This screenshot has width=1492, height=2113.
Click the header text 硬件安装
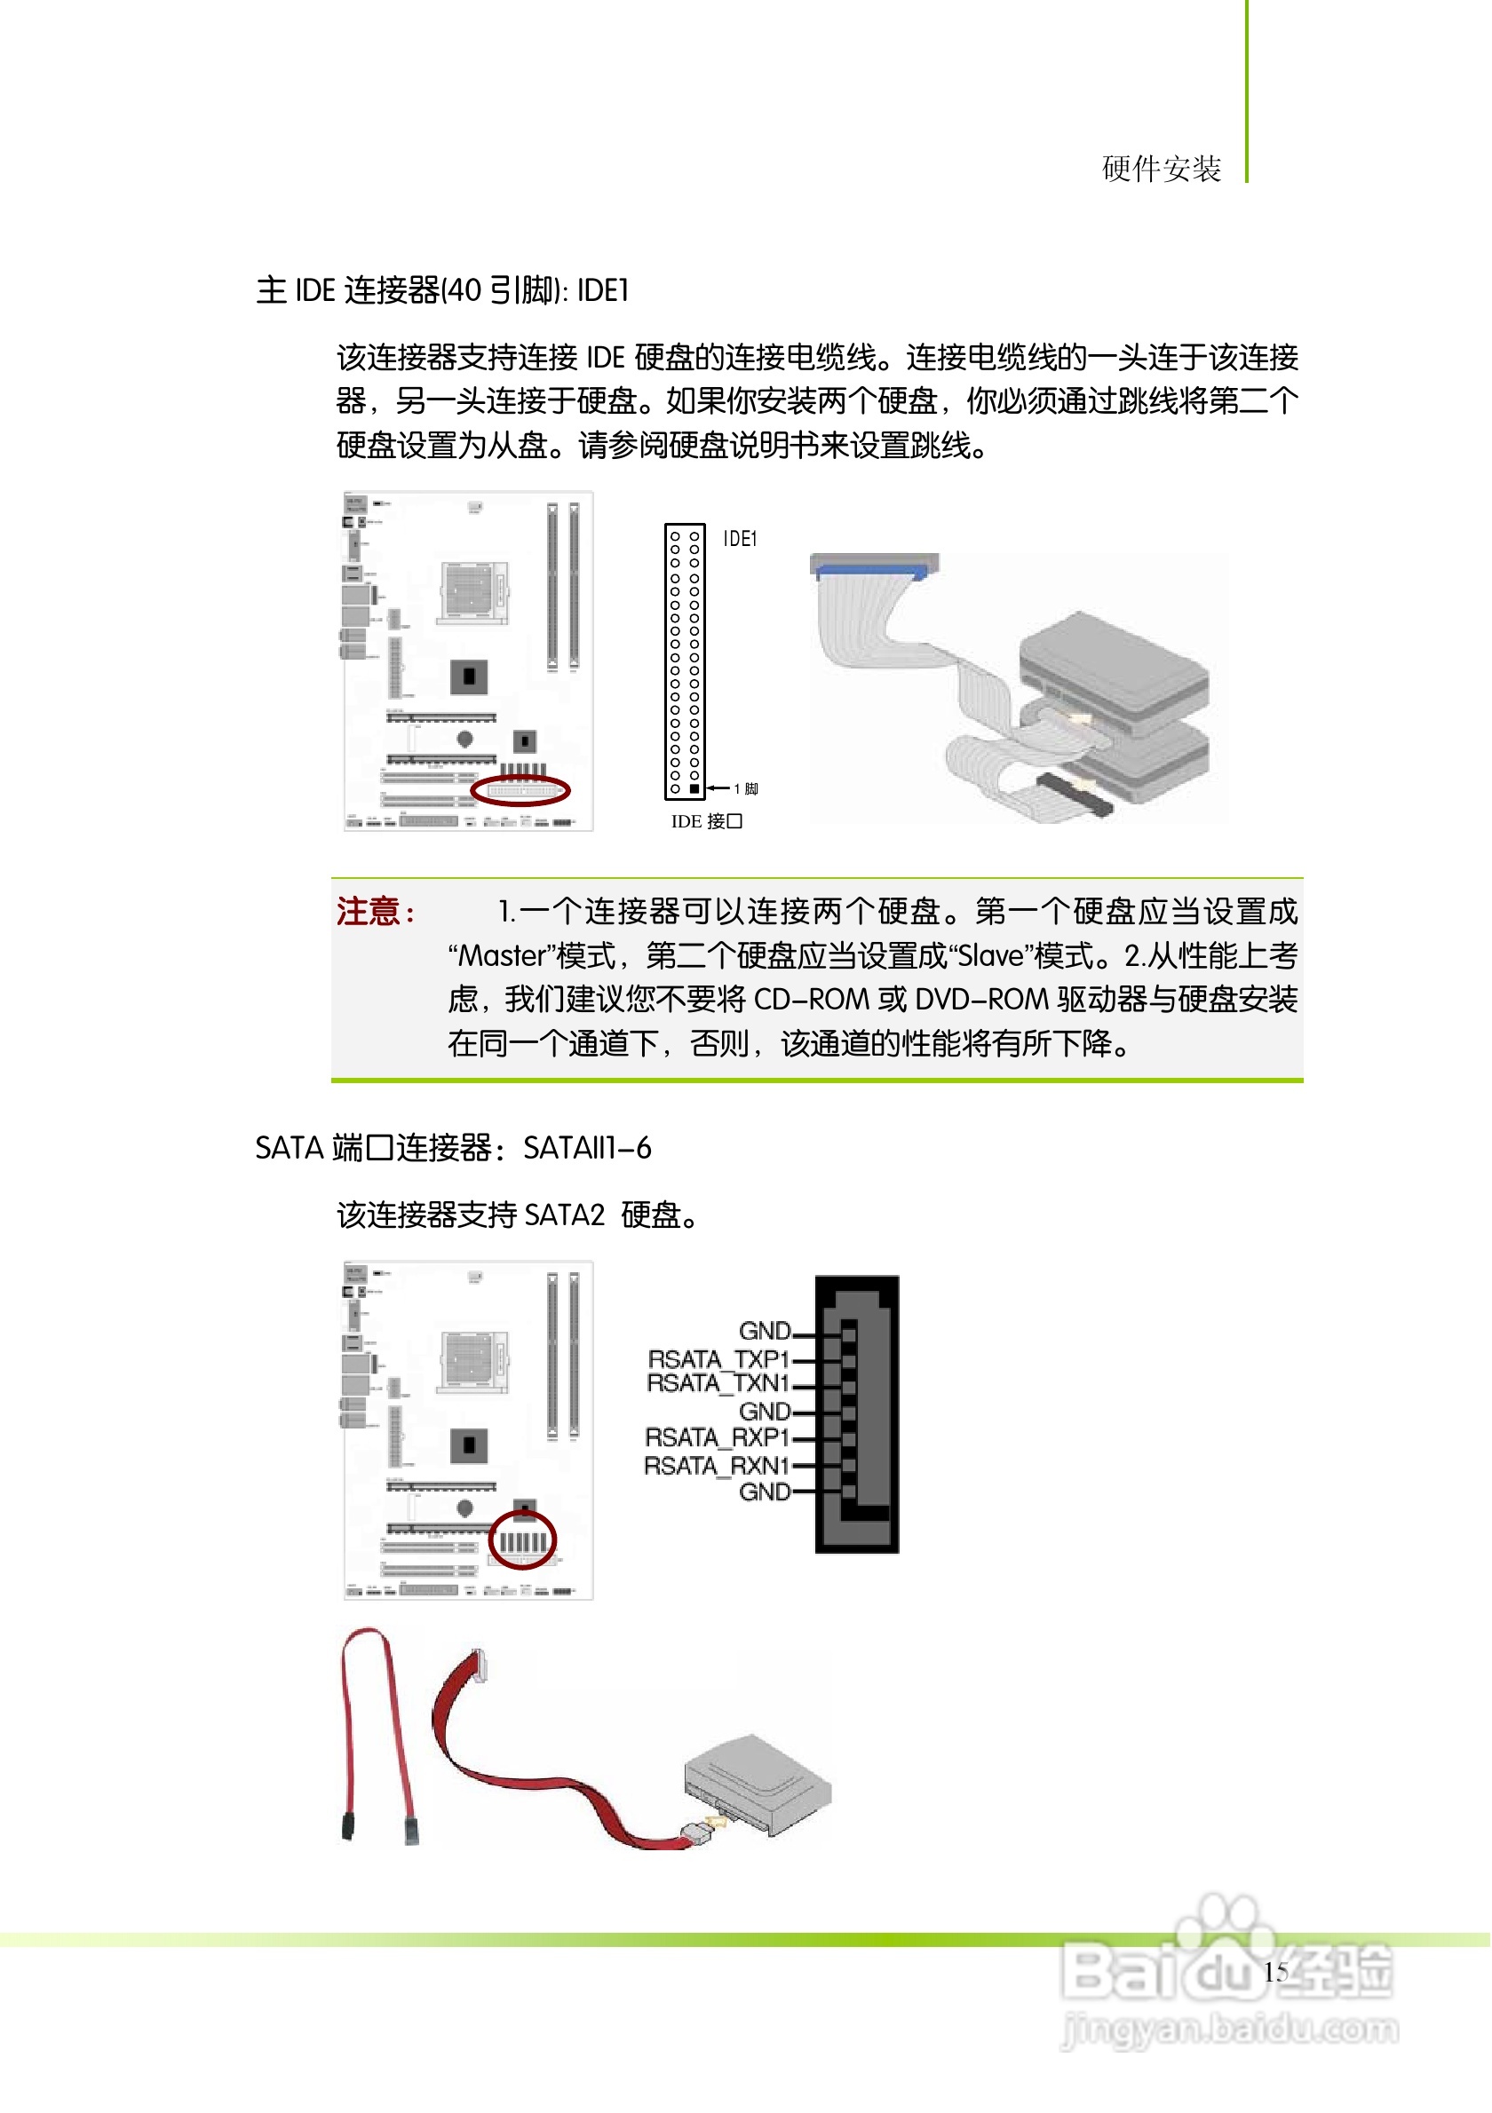1163,170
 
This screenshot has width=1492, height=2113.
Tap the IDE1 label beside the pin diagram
740,539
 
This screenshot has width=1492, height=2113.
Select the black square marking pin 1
694,789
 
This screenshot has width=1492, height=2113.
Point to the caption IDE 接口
707,822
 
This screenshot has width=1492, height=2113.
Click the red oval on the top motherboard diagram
521,790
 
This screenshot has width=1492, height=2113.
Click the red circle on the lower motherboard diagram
523,1540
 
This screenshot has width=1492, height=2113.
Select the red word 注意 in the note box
369,912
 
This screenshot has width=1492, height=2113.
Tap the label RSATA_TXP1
718,1359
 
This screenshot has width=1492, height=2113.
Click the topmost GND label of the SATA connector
765,1331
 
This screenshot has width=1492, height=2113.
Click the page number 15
1275,1972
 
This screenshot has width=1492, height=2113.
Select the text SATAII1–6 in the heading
587,1149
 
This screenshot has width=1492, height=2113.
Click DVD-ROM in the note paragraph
982,1001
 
